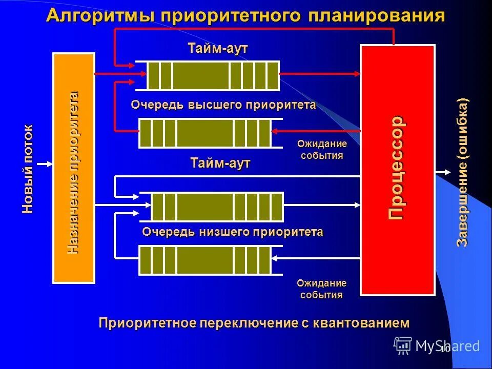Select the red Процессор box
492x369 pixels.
tap(398, 170)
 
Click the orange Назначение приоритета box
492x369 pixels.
tap(74, 168)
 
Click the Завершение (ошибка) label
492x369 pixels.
tap(463, 172)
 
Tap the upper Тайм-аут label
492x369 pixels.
tap(218, 48)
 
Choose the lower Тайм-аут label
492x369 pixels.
tap(220, 163)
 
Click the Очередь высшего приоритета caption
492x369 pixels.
tap(223, 105)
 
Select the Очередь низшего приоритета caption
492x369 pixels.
tap(232, 232)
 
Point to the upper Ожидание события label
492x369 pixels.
tap(322, 150)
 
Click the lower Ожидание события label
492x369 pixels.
tap(322, 289)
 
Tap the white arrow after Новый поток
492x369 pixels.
tap(45, 164)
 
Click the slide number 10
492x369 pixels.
tap(444, 349)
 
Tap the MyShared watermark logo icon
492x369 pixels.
tap(403, 345)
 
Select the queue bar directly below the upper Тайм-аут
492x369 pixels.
tap(213, 75)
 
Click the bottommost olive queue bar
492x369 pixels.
tap(205, 260)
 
